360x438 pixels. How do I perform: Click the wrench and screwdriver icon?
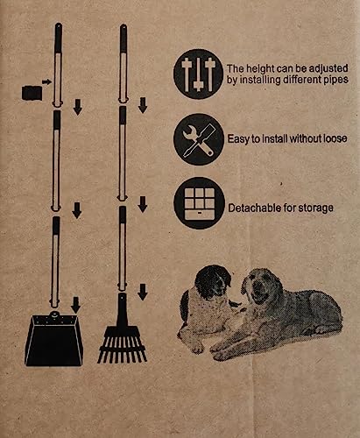[199, 139]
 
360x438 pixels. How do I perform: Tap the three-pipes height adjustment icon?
[199, 74]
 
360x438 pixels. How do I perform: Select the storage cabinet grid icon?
[200, 203]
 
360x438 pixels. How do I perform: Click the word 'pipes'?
[335, 80]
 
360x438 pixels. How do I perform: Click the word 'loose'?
[335, 138]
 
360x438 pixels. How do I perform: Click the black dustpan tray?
[54, 340]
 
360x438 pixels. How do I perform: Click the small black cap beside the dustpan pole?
[32, 93]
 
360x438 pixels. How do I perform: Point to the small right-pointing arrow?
[46, 81]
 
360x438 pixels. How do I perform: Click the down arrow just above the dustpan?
[76, 305]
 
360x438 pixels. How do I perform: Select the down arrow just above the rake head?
[143, 292]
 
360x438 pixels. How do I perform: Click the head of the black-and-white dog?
[213, 281]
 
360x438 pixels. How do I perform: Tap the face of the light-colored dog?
[260, 287]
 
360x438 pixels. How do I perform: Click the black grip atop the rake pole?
[124, 39]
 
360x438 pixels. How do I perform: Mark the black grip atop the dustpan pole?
[59, 38]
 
